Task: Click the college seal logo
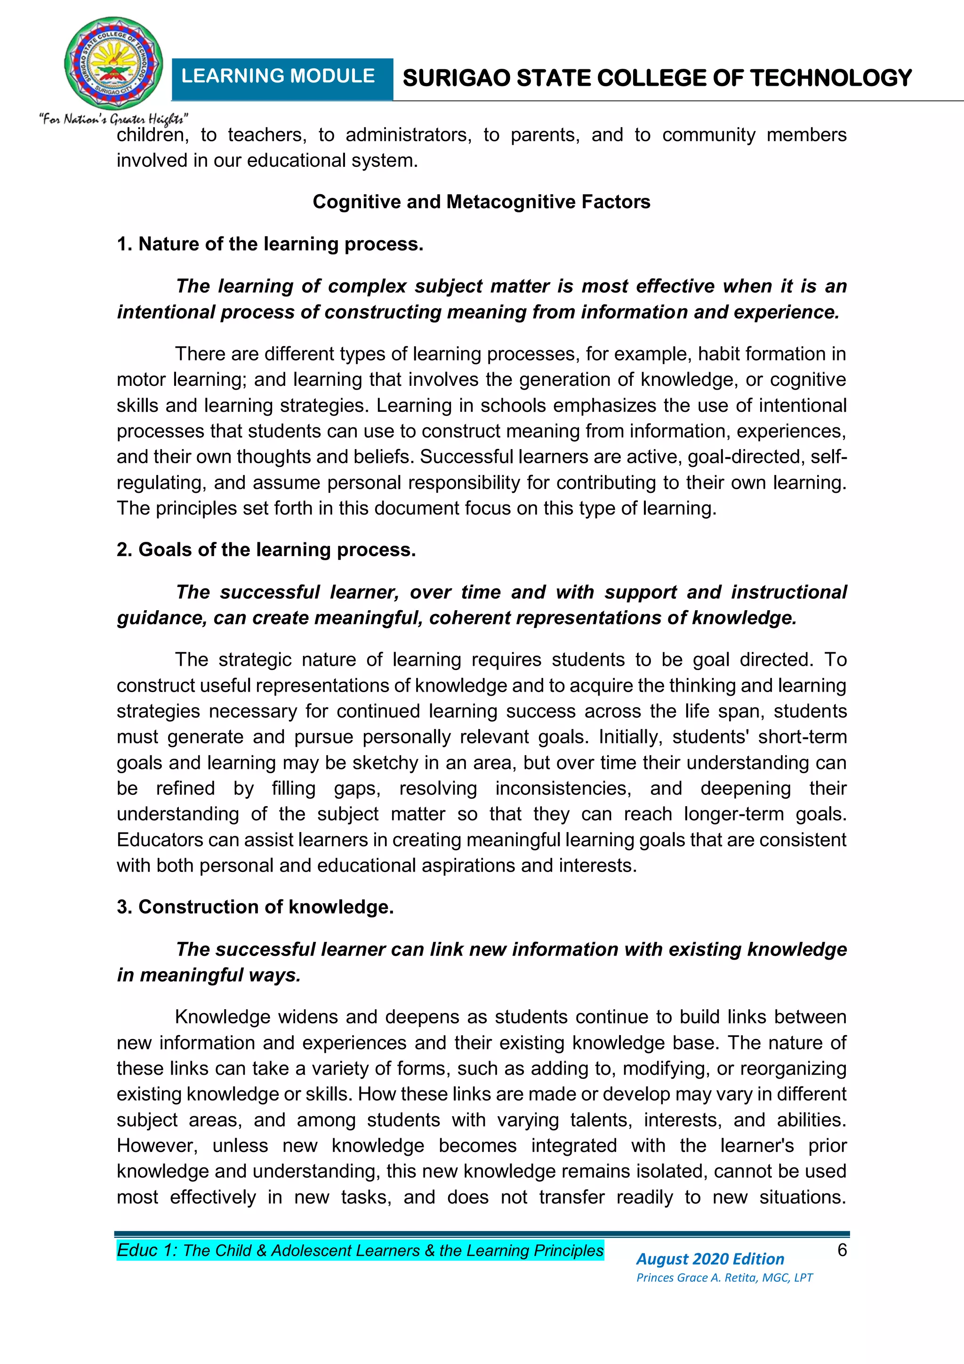[x=113, y=63]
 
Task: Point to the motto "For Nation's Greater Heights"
[x=114, y=119]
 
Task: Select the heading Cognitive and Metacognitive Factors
[x=481, y=202]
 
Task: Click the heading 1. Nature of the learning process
[x=270, y=244]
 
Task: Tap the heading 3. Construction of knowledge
[x=255, y=907]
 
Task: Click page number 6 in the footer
[x=842, y=1250]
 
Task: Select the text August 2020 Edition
[x=710, y=1258]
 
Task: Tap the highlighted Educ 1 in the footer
[x=147, y=1250]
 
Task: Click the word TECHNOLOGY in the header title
[x=830, y=78]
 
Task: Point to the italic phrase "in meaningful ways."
[x=209, y=975]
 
